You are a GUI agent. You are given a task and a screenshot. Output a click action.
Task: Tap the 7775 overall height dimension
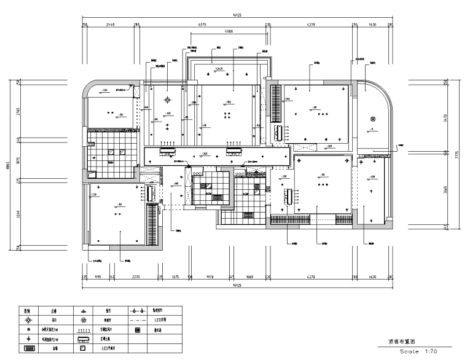point(457,157)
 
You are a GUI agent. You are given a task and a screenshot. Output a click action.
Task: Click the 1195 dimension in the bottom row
point(97,278)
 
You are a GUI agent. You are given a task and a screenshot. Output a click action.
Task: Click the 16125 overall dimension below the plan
point(235,286)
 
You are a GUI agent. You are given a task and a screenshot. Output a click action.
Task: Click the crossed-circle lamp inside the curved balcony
point(371,118)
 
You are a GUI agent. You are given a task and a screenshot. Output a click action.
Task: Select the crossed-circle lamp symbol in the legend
point(84,321)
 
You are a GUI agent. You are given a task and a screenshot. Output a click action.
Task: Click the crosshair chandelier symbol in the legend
point(28,321)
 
